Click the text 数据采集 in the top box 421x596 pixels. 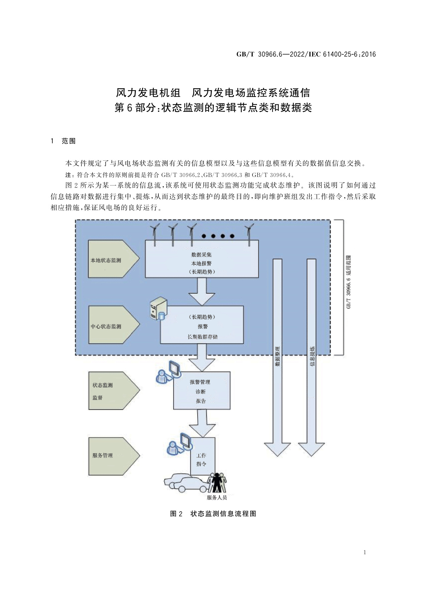point(201,254)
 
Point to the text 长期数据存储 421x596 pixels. point(203,337)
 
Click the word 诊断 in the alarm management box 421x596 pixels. point(200,391)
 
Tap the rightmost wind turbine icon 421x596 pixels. point(249,234)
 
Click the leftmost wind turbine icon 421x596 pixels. point(154,234)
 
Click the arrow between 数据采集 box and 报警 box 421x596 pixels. point(202,291)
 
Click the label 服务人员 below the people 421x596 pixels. point(217,498)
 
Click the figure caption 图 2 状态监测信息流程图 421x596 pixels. point(213,514)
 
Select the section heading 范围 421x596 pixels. point(69,141)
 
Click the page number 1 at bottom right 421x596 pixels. point(364,552)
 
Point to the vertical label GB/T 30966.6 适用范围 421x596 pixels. point(349,282)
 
